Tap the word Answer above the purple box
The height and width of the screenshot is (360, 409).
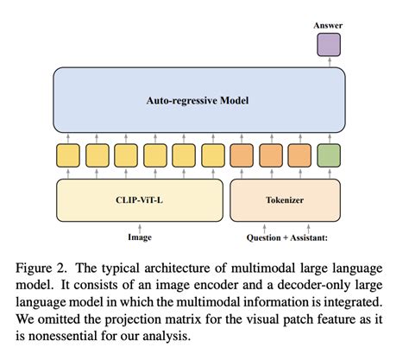point(328,27)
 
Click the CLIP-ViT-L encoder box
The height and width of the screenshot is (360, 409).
point(140,199)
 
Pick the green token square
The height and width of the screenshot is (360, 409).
point(329,155)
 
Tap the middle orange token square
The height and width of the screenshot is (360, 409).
point(270,155)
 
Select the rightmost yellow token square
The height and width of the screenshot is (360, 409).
point(212,155)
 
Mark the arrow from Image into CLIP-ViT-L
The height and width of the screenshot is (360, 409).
point(140,224)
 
